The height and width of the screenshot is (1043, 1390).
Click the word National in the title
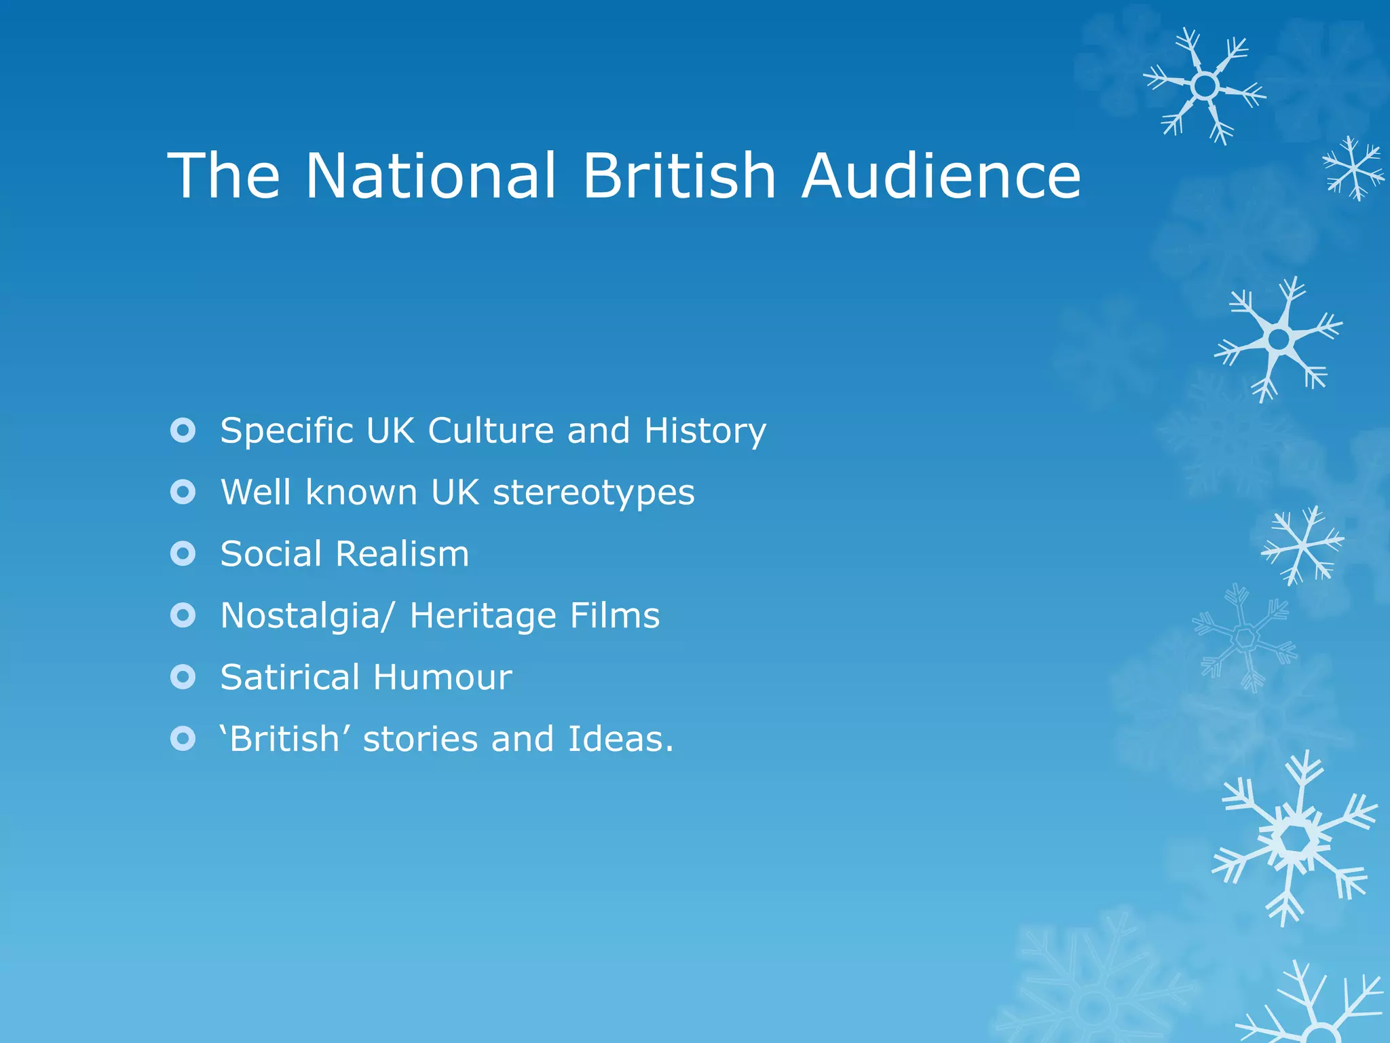click(431, 175)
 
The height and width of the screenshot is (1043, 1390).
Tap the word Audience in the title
click(941, 175)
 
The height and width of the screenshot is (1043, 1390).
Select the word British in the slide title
click(679, 175)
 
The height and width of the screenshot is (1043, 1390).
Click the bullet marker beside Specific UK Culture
click(183, 431)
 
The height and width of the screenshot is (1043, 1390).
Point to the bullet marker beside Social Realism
click(183, 554)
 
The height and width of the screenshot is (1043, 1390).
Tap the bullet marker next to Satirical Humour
click(183, 677)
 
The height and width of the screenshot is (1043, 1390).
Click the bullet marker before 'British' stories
click(183, 739)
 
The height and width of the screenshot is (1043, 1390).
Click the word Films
click(615, 615)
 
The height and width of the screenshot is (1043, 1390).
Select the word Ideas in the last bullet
click(620, 739)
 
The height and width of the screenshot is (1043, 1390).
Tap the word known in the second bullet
click(361, 492)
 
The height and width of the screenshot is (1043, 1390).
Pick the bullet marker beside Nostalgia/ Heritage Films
click(183, 615)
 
